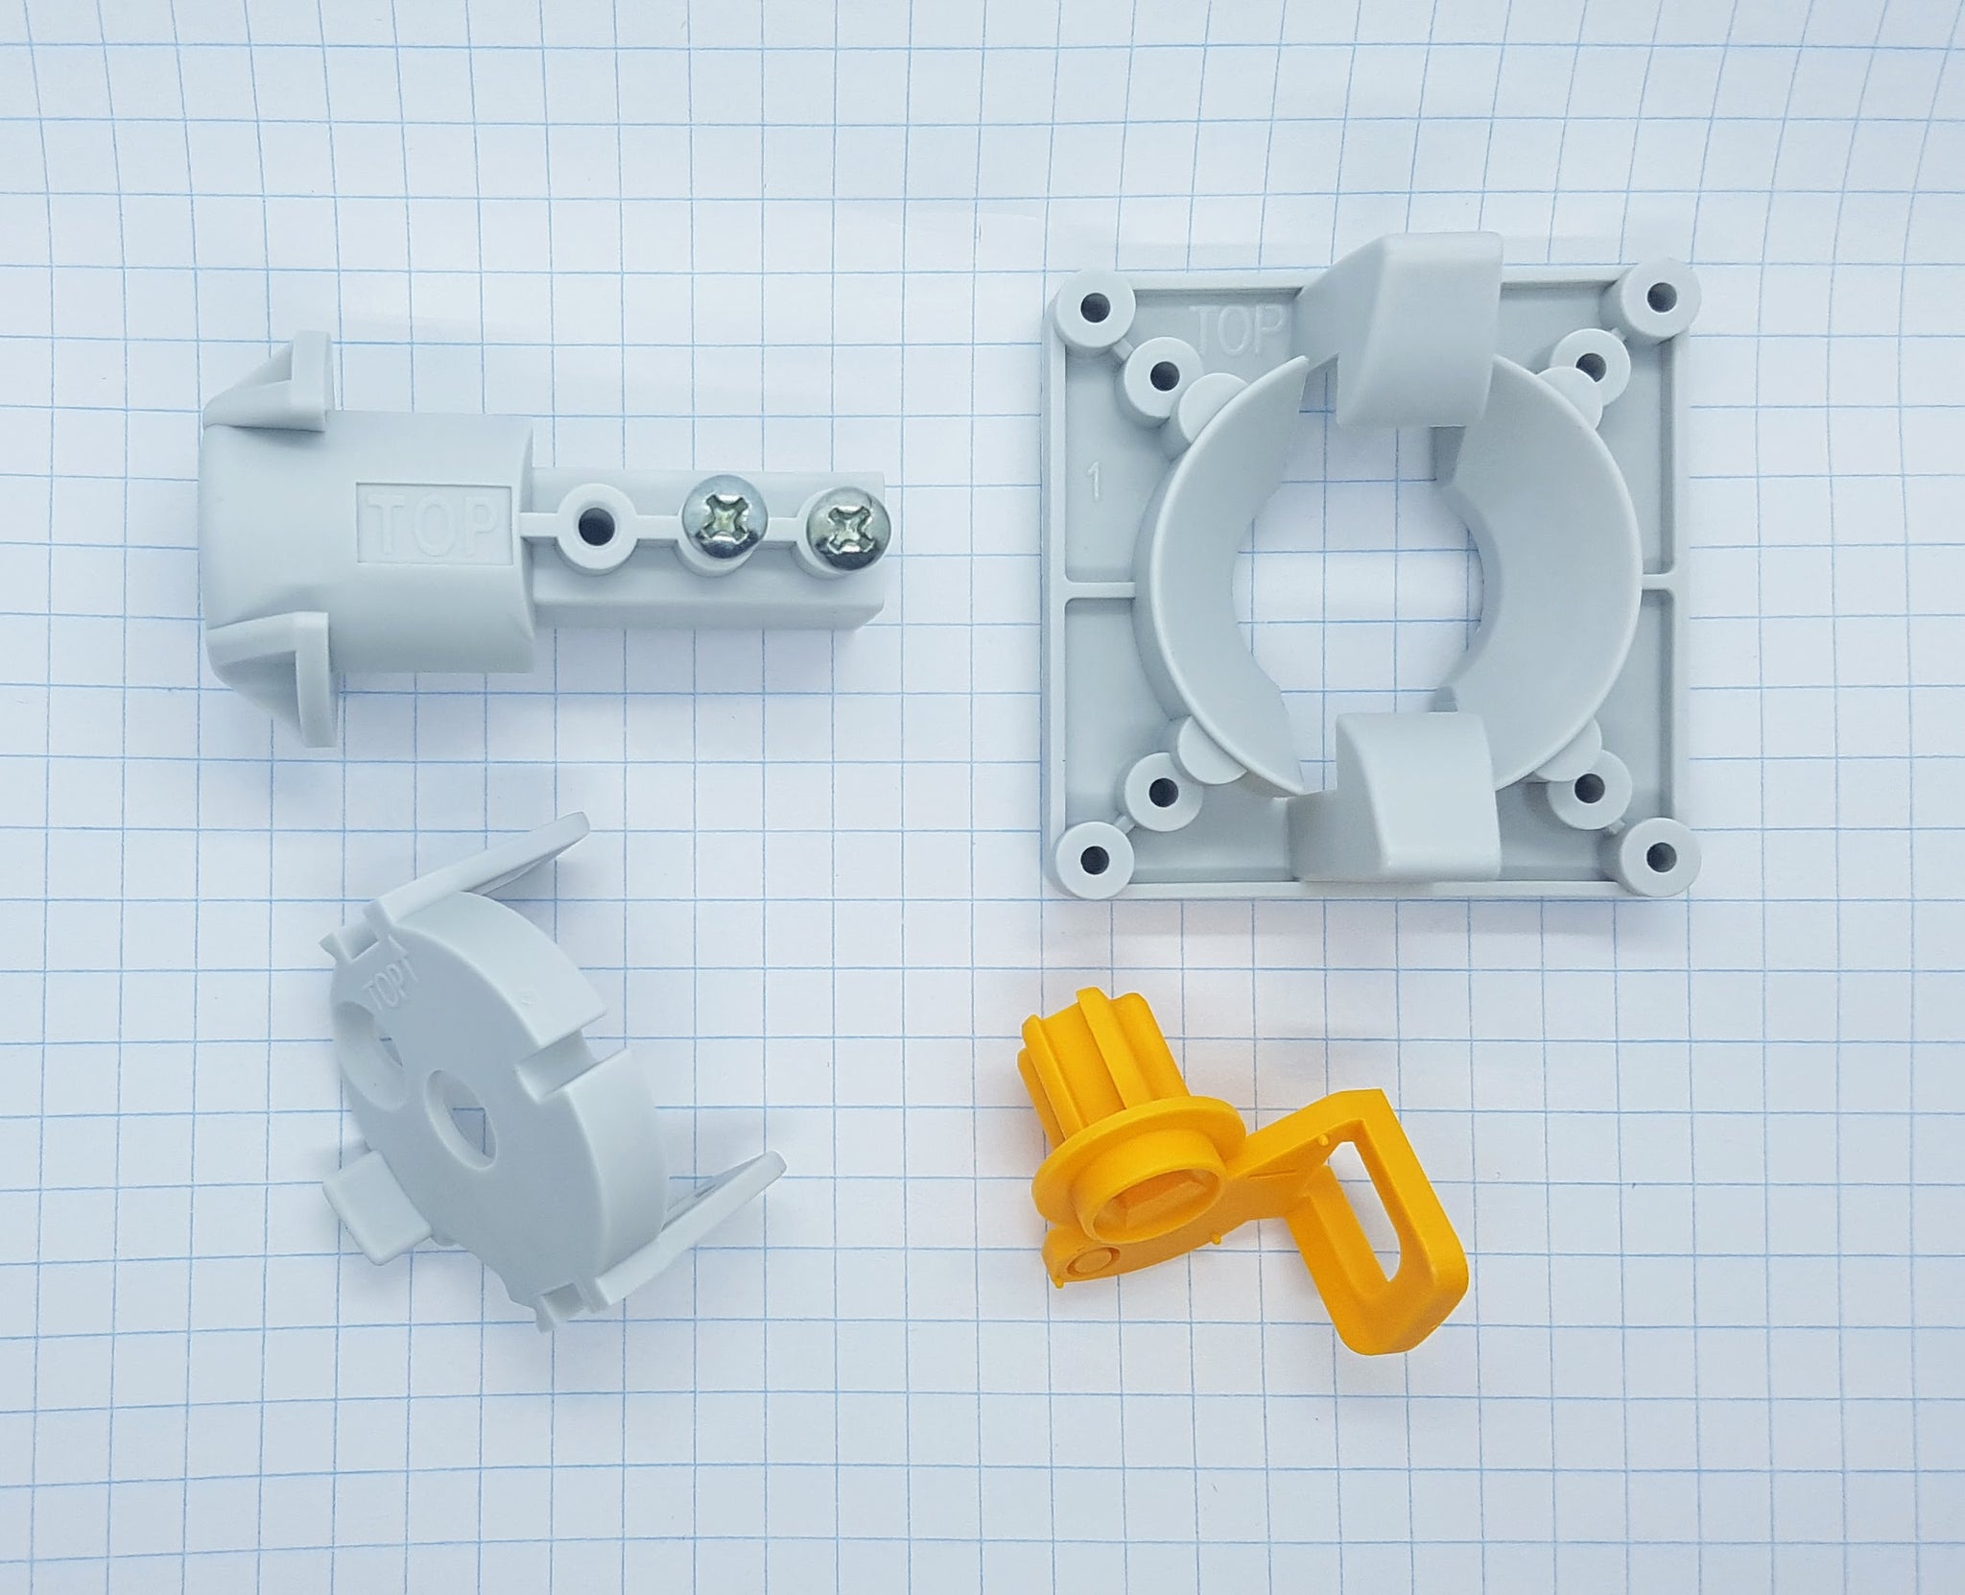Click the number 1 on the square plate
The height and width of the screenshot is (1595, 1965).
tap(1093, 483)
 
